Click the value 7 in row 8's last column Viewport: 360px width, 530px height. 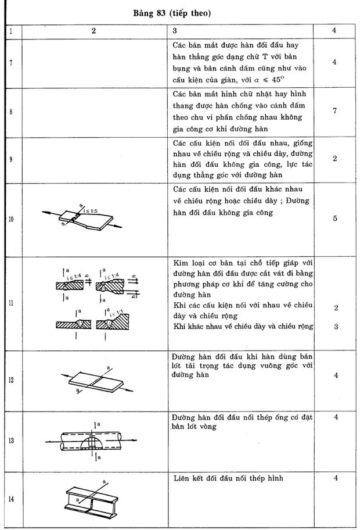[x=335, y=111]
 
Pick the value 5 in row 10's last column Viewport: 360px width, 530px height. [x=335, y=219]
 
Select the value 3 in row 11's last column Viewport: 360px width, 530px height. [x=335, y=327]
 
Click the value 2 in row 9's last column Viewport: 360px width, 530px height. [x=335, y=159]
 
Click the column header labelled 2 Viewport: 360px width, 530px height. [x=93, y=31]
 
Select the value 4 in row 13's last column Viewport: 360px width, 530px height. [x=336, y=417]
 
